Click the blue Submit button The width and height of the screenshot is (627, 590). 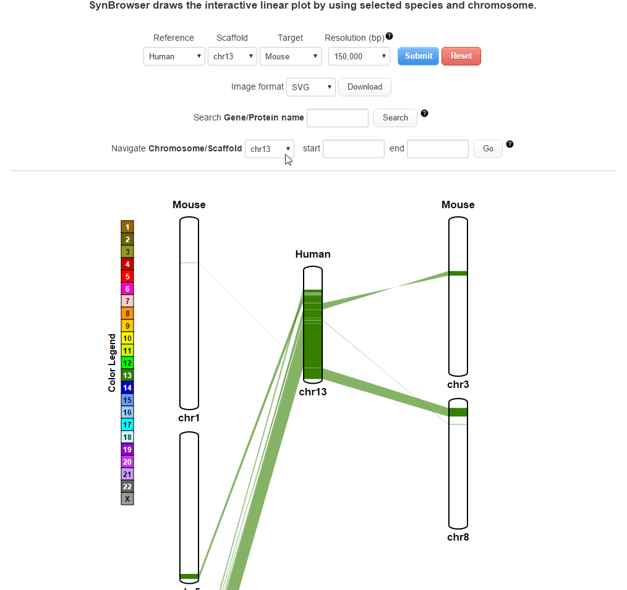pyautogui.click(x=418, y=56)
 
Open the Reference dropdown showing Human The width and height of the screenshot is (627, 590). pyautogui.click(x=174, y=56)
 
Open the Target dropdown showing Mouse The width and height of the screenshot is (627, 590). pyautogui.click(x=290, y=56)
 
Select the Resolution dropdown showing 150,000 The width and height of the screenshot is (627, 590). pyautogui.click(x=359, y=56)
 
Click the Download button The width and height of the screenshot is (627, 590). pyautogui.click(x=365, y=87)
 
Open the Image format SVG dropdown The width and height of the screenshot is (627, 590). pyautogui.click(x=310, y=87)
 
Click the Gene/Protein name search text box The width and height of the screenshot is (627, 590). pyautogui.click(x=338, y=118)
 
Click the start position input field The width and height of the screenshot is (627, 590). pyautogui.click(x=354, y=149)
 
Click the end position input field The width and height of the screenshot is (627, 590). pyautogui.click(x=437, y=149)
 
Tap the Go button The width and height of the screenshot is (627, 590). pyautogui.click(x=488, y=149)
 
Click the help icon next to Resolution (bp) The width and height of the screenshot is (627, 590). pyautogui.click(x=389, y=36)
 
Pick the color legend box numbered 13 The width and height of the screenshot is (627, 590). pyautogui.click(x=127, y=375)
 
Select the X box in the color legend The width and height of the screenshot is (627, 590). pyautogui.click(x=127, y=499)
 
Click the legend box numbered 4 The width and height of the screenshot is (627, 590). pyautogui.click(x=127, y=264)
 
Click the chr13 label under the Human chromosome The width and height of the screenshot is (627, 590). pyautogui.click(x=313, y=392)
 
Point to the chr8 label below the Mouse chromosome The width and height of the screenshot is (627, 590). pyautogui.click(x=458, y=537)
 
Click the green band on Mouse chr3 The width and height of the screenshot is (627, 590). pyautogui.click(x=458, y=273)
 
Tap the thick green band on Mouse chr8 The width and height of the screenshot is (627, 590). pyautogui.click(x=458, y=412)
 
